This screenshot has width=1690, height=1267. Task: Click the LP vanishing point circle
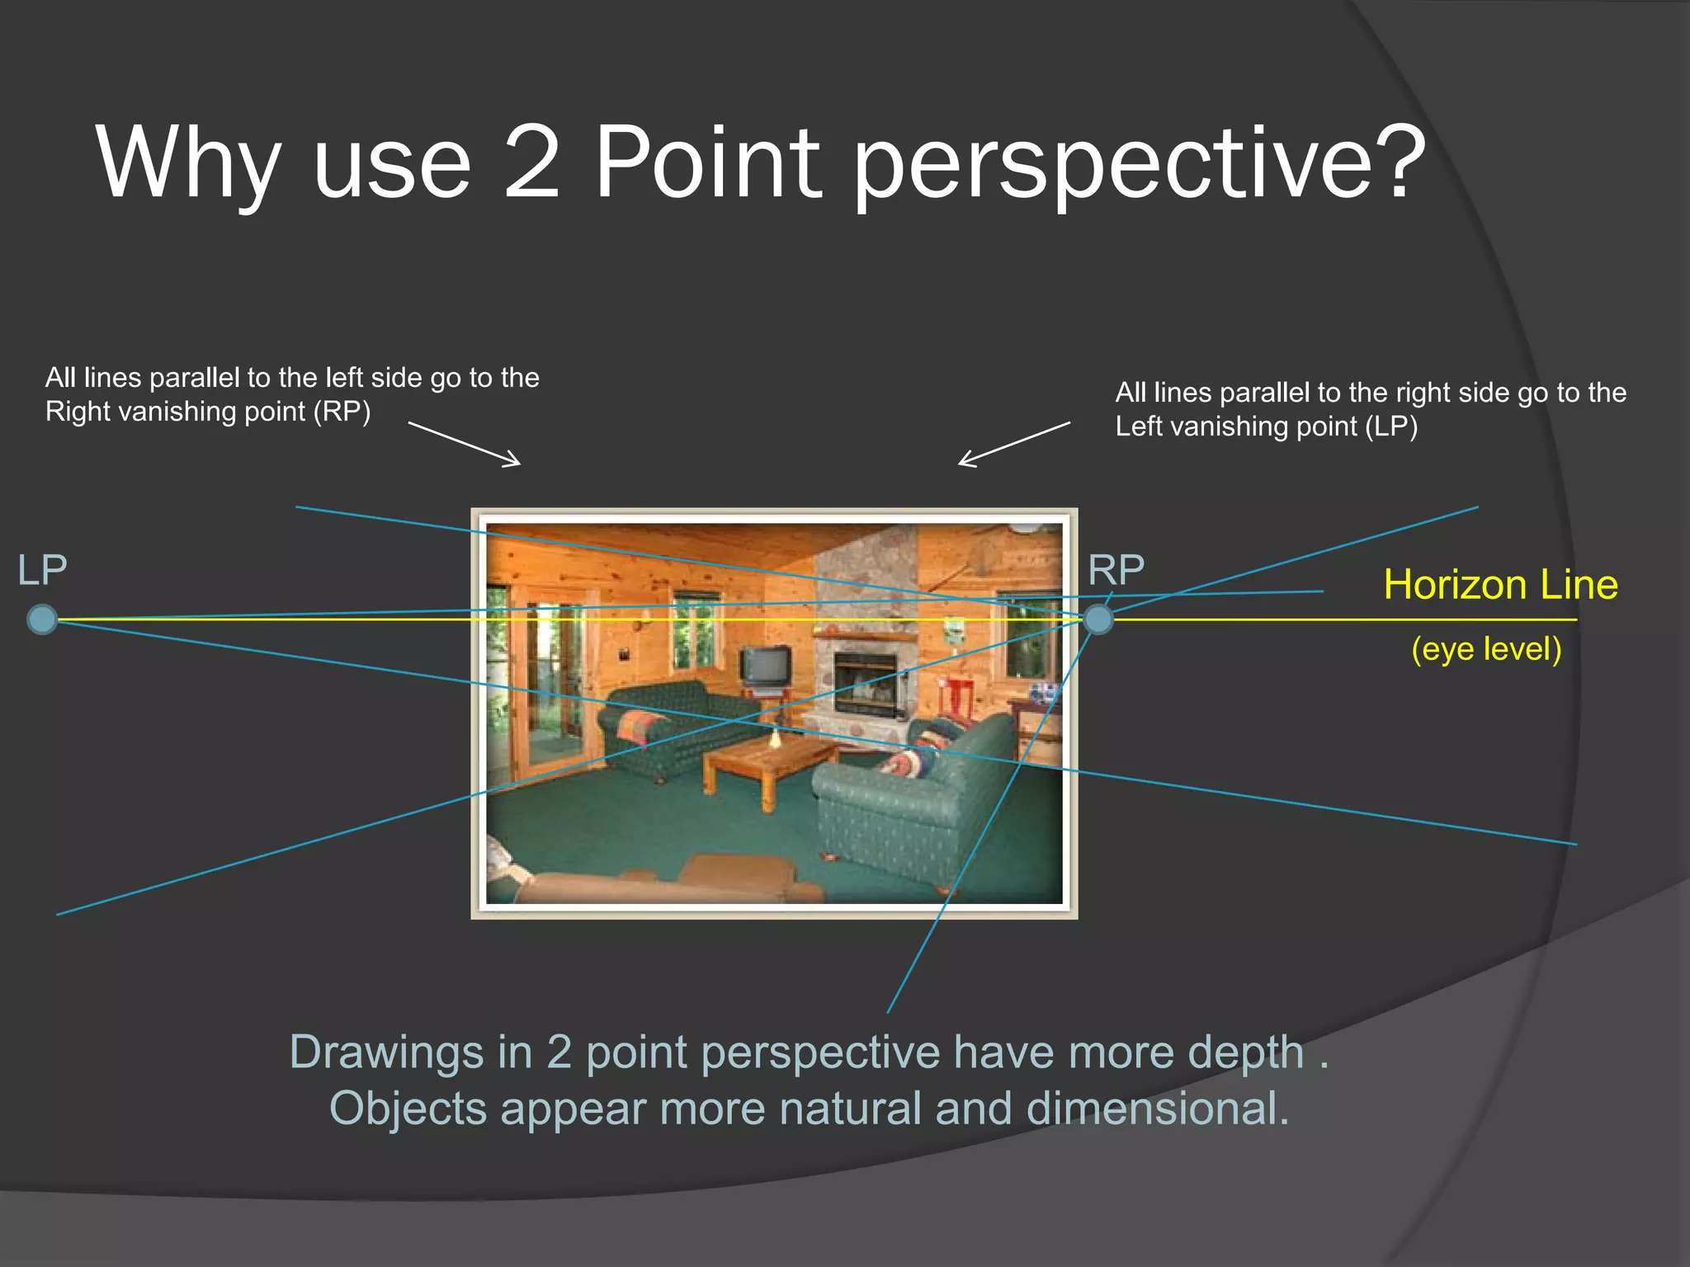coord(42,619)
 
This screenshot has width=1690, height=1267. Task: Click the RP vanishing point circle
coord(1098,619)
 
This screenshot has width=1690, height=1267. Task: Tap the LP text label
coord(42,570)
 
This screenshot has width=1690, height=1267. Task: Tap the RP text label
coord(1116,570)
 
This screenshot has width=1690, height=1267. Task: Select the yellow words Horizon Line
coord(1500,585)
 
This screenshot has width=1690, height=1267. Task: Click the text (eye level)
coord(1486,649)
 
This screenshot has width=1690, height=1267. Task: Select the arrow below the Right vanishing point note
coord(465,444)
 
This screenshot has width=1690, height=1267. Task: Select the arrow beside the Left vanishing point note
coord(1014,444)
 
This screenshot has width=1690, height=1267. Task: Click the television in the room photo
coord(765,666)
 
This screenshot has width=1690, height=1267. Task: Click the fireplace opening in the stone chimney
coord(866,682)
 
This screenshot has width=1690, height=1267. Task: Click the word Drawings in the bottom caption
coord(386,1053)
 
